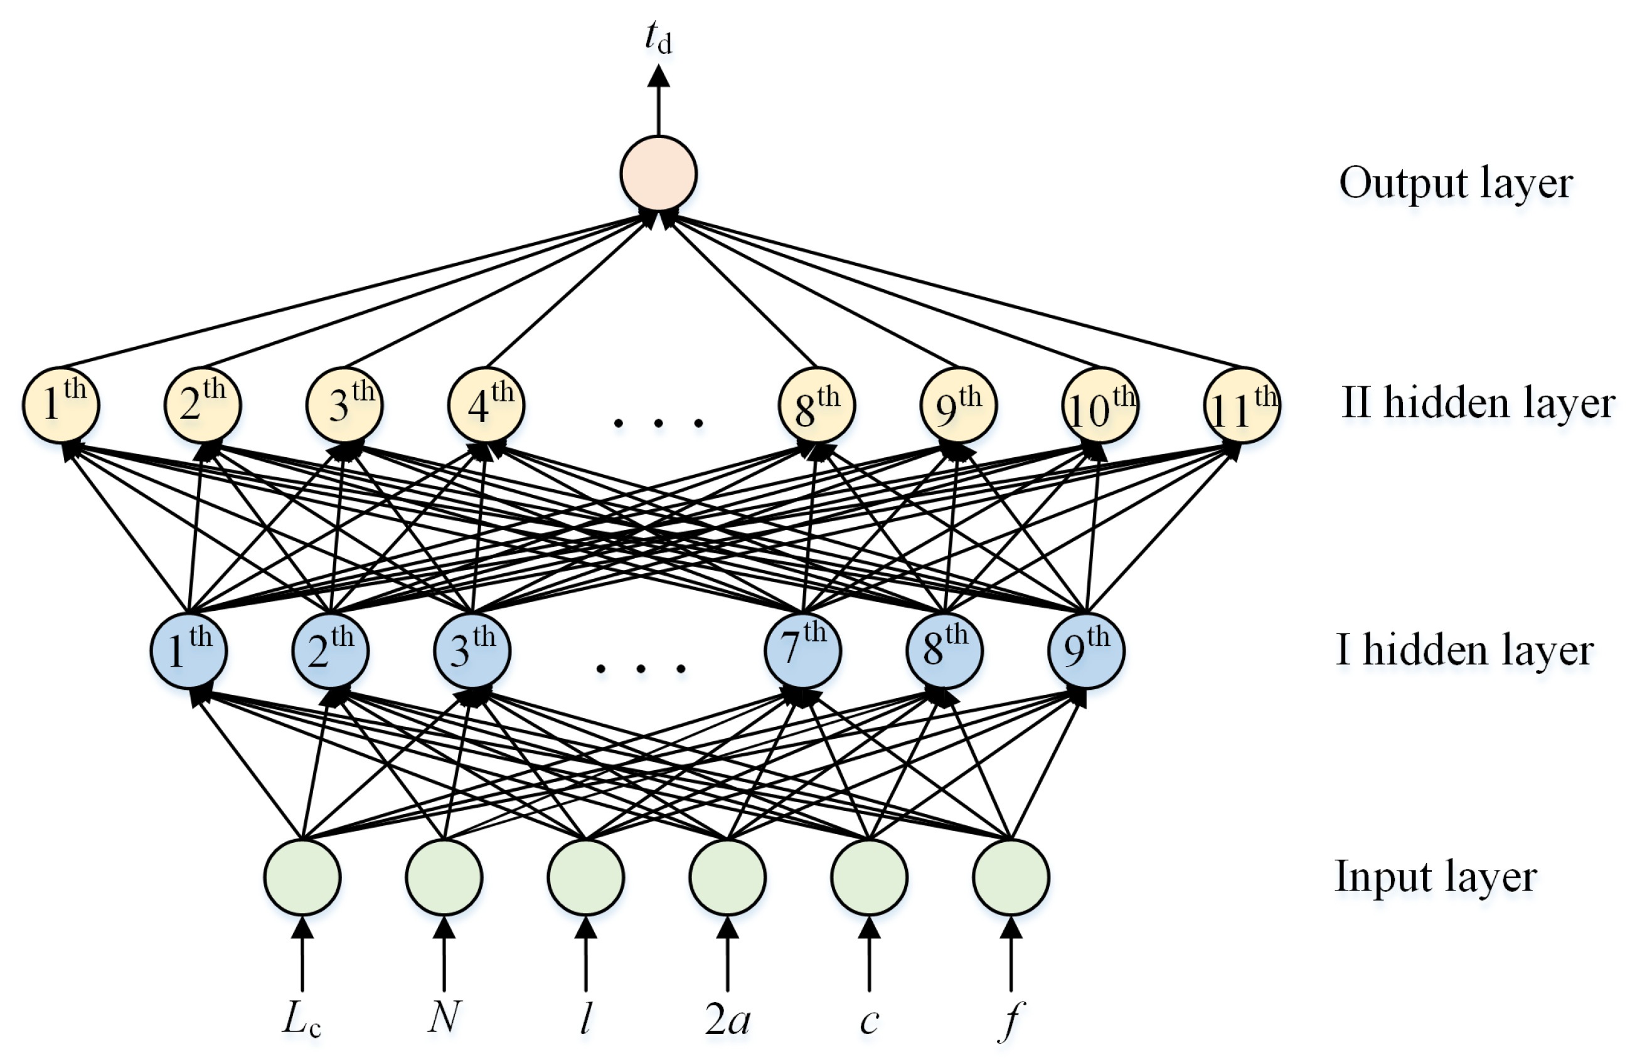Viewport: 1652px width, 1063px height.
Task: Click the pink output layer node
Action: coord(658,174)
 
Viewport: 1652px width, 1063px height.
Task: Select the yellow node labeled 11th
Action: coord(1241,406)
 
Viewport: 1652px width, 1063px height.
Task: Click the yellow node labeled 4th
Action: coord(486,406)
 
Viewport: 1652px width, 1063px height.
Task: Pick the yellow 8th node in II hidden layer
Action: coord(817,406)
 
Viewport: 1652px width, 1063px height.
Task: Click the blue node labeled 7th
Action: coord(802,650)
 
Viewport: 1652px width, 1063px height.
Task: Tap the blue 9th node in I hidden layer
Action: coord(1086,650)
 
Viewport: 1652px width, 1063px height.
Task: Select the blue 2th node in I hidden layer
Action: coord(330,650)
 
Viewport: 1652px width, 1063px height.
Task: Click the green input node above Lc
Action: coord(302,877)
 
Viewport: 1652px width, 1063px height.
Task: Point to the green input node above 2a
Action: coord(727,877)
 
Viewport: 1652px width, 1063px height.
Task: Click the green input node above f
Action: coord(1011,877)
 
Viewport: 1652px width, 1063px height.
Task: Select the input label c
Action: coord(869,1021)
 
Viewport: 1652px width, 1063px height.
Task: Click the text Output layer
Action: coord(1455,184)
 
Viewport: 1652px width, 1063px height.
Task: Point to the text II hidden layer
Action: coord(1478,403)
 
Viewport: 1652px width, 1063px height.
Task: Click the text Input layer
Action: coord(1436,877)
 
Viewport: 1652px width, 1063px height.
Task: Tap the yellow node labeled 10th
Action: coord(1100,406)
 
